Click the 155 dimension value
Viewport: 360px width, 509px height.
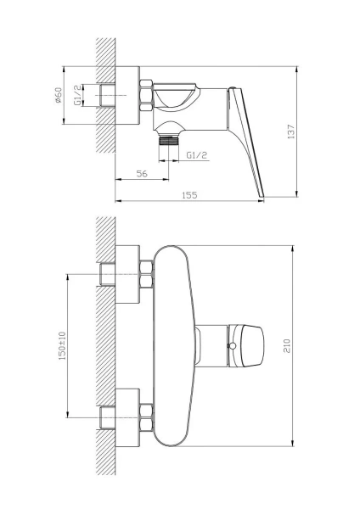(189, 195)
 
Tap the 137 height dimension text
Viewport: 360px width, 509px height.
(291, 131)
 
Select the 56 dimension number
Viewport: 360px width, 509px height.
(142, 174)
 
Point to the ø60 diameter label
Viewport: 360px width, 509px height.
(58, 95)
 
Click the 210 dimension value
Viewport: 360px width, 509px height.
(287, 346)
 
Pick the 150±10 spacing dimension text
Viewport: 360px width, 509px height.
(62, 346)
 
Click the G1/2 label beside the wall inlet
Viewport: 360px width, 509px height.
(77, 95)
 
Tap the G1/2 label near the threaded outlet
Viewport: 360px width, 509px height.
(197, 155)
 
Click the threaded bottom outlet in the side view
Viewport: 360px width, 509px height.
(169, 141)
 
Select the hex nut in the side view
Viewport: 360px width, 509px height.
(146, 95)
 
